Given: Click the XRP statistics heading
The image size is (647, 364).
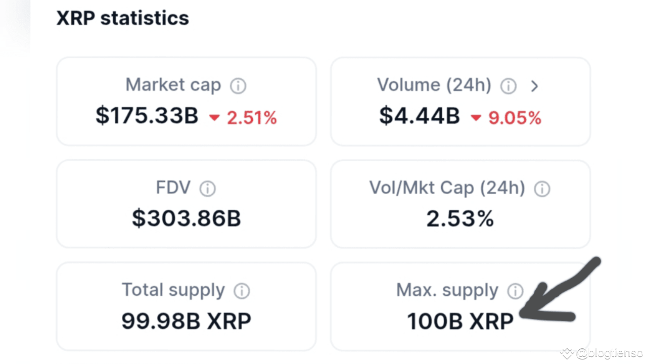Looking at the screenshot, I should click(122, 18).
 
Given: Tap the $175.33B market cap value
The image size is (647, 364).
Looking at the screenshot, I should click(147, 116).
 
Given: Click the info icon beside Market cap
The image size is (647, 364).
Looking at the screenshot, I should click(238, 86).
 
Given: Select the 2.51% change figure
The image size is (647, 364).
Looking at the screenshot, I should click(252, 118).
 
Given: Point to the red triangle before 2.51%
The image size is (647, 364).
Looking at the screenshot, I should click(215, 118).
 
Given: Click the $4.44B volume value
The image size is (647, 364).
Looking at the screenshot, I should click(420, 116).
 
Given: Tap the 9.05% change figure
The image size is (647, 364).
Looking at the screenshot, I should click(515, 118).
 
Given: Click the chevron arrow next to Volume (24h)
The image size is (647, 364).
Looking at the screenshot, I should click(535, 86).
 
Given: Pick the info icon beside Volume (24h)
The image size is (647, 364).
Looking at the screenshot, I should click(508, 86).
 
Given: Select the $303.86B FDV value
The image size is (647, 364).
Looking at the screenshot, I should click(186, 218).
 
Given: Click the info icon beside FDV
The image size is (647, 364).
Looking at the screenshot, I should click(207, 189).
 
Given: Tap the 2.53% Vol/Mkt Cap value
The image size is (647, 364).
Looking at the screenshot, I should click(460, 218).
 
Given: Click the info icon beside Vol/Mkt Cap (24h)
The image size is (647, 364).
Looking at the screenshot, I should click(542, 189).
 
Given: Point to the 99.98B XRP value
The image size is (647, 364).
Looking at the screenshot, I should click(186, 321).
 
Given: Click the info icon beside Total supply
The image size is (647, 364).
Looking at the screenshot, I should click(242, 291).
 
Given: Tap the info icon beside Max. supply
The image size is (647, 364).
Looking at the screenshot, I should click(515, 291).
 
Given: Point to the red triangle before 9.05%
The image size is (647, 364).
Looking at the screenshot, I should click(476, 118).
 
